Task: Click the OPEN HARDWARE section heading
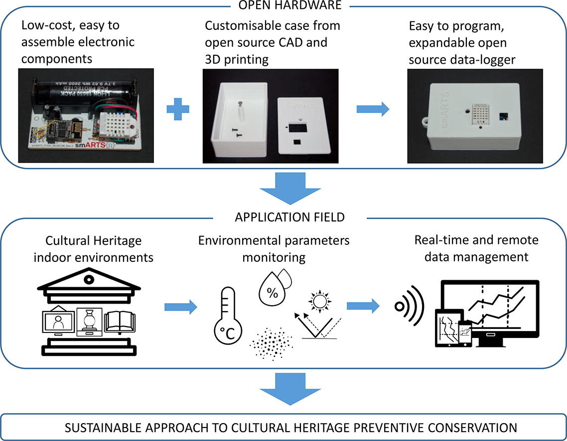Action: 283,6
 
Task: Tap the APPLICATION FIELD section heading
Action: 283,217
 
